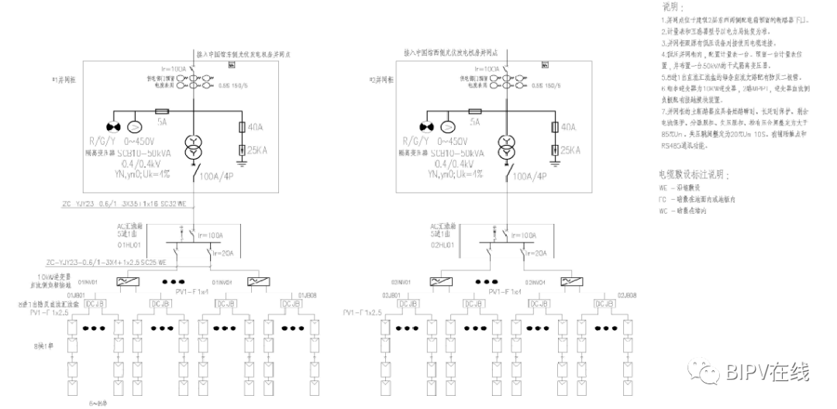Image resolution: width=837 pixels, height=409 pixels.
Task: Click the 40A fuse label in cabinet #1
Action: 255,127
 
